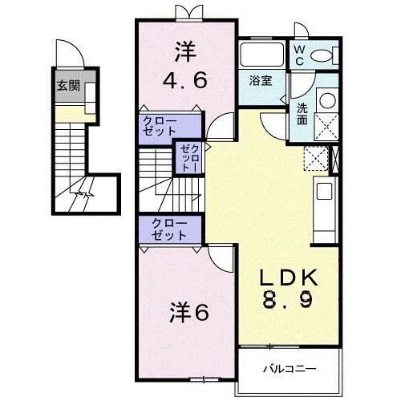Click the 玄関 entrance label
point(67,87)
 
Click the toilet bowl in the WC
point(322,56)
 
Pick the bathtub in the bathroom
point(261,57)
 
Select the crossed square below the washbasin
point(327,127)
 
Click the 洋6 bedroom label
point(190,313)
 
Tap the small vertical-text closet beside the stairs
point(187,158)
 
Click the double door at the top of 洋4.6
point(184,12)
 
